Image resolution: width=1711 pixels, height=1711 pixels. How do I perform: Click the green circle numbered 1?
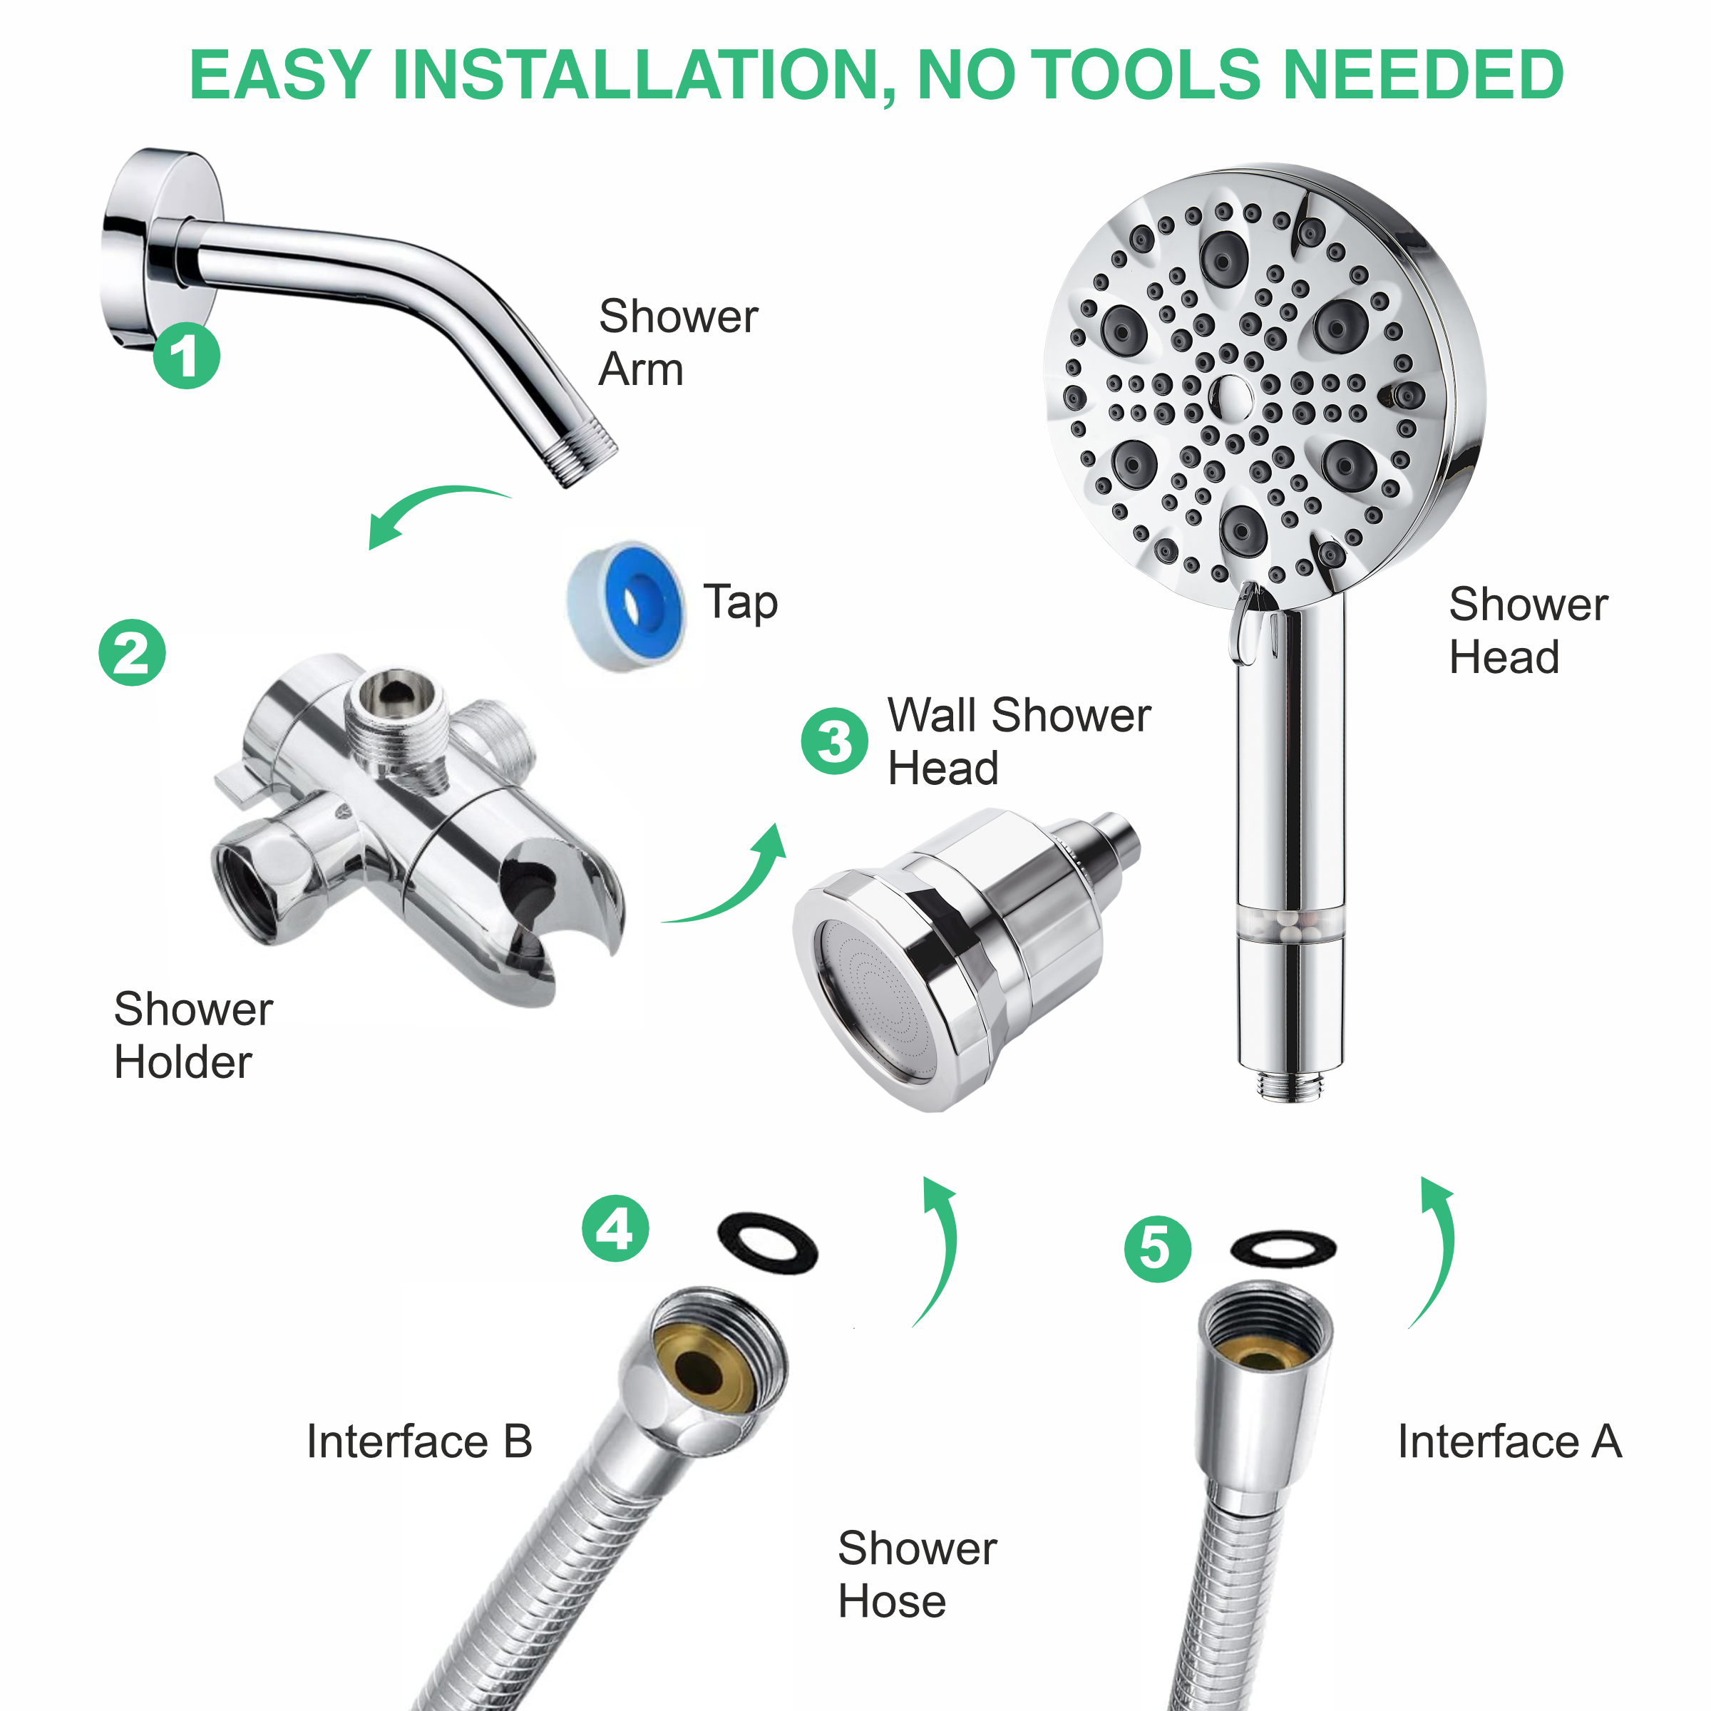186,356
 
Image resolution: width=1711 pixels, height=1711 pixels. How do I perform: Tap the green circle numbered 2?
132,653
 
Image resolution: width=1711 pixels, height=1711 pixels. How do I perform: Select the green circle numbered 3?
834,741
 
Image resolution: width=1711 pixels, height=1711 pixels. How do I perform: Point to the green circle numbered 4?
615,1228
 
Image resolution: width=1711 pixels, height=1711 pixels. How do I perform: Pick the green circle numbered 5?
1158,1250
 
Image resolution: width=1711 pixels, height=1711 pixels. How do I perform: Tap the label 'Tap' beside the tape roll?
741,603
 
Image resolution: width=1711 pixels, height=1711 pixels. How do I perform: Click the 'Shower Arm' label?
677,342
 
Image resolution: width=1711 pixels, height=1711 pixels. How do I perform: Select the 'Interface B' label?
419,1441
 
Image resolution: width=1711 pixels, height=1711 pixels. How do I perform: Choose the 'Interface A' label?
1509,1441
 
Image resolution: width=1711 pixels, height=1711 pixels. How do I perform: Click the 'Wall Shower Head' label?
1019,741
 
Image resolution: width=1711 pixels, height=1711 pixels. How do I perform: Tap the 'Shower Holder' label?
193,1034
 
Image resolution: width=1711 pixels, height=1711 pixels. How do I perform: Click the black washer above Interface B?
767,1244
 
